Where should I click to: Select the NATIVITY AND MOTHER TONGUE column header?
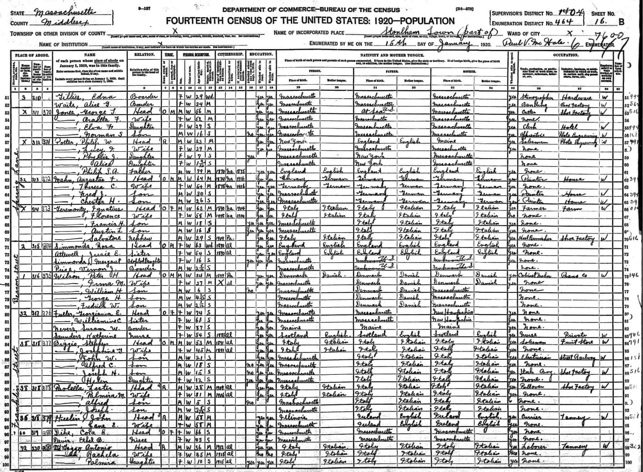pos(392,55)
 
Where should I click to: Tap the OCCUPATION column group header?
pos(565,55)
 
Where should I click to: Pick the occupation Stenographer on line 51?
pos(534,96)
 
